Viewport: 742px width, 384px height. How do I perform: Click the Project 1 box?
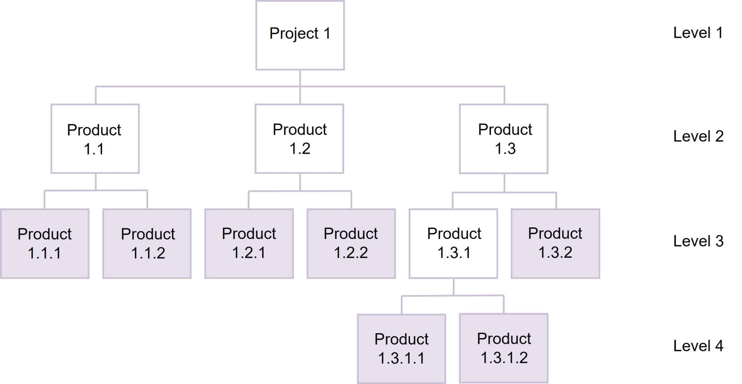300,35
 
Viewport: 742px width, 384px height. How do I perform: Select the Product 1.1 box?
95,139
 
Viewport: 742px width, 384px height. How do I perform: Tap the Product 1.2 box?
299,139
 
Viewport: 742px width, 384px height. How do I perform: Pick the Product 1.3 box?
504,139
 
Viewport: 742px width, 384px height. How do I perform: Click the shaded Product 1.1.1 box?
45,244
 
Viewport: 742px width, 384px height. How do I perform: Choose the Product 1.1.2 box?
147,244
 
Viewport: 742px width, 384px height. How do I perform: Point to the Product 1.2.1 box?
249,244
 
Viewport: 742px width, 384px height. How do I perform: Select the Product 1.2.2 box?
351,244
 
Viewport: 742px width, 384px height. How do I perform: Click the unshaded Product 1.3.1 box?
453,244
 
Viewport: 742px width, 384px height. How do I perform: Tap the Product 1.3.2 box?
555,244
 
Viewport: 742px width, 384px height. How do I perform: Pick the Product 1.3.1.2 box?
504,348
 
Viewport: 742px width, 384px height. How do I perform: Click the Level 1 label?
698,33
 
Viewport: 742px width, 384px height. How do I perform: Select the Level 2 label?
698,136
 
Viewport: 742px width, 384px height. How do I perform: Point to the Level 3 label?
698,241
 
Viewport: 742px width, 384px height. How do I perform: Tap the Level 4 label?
698,346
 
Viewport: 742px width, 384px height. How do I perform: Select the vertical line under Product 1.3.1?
454,287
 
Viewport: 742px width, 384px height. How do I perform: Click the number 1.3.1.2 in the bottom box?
504,358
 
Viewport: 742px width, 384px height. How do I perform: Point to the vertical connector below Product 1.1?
96,182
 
